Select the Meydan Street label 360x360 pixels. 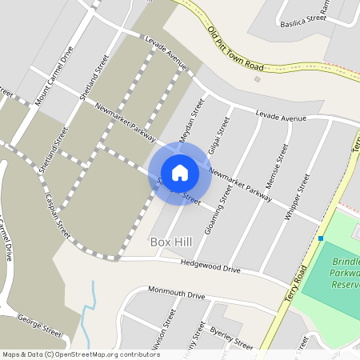192,120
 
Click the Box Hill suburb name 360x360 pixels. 172,241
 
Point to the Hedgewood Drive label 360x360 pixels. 210,266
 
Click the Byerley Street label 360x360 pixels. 231,337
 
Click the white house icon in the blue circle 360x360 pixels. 180,173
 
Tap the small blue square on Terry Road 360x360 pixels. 320,238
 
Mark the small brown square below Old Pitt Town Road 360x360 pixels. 257,78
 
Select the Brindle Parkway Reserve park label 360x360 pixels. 346,273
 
